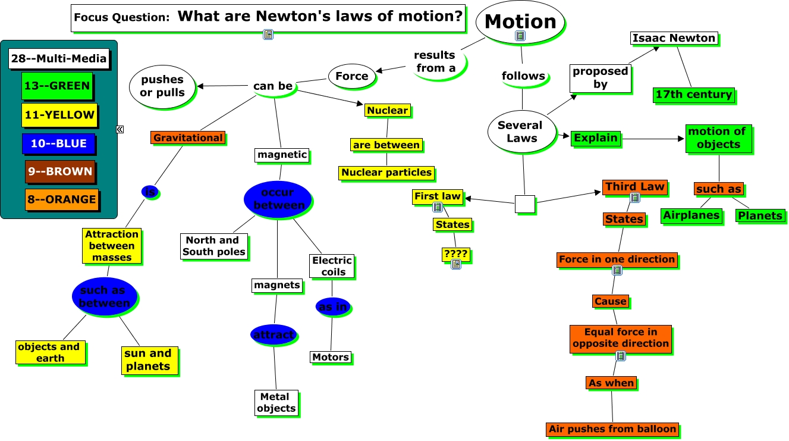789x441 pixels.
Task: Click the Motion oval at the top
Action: [x=520, y=21]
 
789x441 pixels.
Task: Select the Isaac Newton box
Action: [x=674, y=38]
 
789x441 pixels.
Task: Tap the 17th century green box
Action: [x=693, y=95]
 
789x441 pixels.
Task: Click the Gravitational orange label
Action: [x=188, y=138]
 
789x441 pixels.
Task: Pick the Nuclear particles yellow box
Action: [x=386, y=173]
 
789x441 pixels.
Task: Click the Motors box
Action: [x=331, y=357]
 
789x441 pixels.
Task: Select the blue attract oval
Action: [x=273, y=335]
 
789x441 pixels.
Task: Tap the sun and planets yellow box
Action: [x=148, y=360]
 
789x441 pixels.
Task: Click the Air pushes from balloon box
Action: [x=612, y=429]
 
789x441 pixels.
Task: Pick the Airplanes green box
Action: [x=691, y=215]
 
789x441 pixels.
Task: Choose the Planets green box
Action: [x=760, y=215]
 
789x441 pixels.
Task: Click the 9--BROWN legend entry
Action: [x=59, y=171]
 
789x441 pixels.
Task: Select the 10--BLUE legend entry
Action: [x=58, y=143]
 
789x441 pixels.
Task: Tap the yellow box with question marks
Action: [x=455, y=255]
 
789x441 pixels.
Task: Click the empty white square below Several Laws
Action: [x=524, y=204]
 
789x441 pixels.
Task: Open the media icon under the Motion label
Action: [x=520, y=36]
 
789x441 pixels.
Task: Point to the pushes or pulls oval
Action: [x=162, y=86]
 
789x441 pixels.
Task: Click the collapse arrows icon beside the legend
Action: [x=120, y=129]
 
